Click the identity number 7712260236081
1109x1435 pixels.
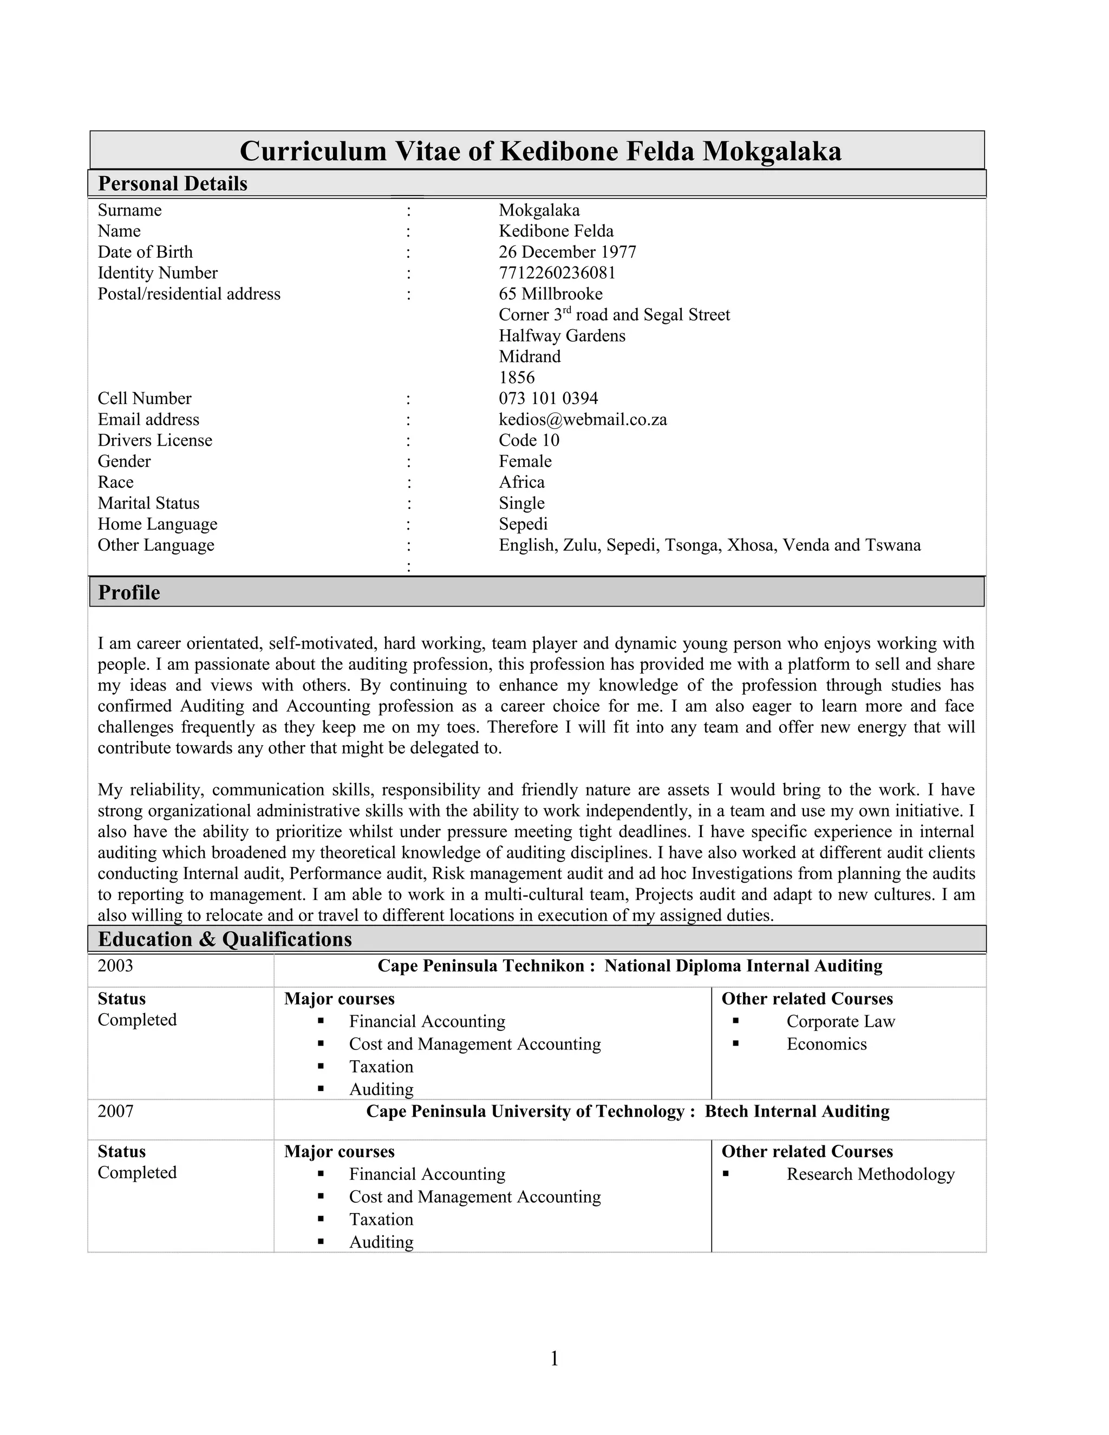coord(557,273)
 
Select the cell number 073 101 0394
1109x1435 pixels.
coord(548,398)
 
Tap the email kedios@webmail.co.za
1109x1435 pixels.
coord(583,419)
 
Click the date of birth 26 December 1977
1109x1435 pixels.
coord(567,252)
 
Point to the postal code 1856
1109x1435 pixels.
coord(517,377)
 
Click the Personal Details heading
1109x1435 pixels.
coord(172,184)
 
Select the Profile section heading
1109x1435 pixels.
coord(129,592)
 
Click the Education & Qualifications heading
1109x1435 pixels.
coord(225,939)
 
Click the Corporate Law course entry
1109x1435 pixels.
coord(840,1021)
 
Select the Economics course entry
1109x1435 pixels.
coord(826,1044)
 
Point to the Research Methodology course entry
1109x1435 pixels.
coord(870,1174)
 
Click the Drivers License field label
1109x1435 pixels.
coord(155,440)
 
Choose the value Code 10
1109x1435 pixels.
coord(529,440)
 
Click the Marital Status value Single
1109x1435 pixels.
coord(521,503)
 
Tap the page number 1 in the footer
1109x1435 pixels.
coord(554,1358)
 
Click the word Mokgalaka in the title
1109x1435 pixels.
coord(772,151)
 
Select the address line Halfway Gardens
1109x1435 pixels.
coord(562,335)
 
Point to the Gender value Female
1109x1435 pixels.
coord(525,461)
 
